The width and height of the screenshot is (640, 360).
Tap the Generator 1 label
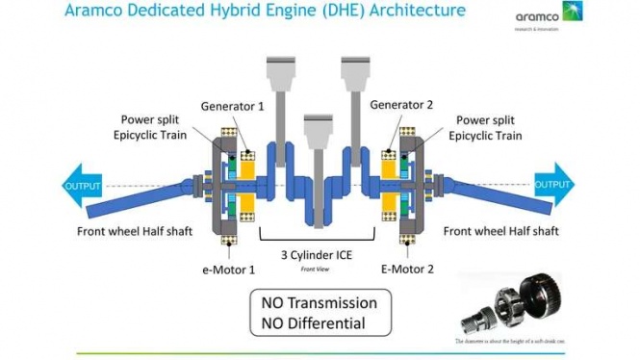tap(232, 105)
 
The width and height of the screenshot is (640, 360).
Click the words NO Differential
tap(314, 323)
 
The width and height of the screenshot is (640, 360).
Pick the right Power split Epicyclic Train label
tap(489, 129)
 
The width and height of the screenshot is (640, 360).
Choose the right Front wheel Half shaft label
tap(501, 231)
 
